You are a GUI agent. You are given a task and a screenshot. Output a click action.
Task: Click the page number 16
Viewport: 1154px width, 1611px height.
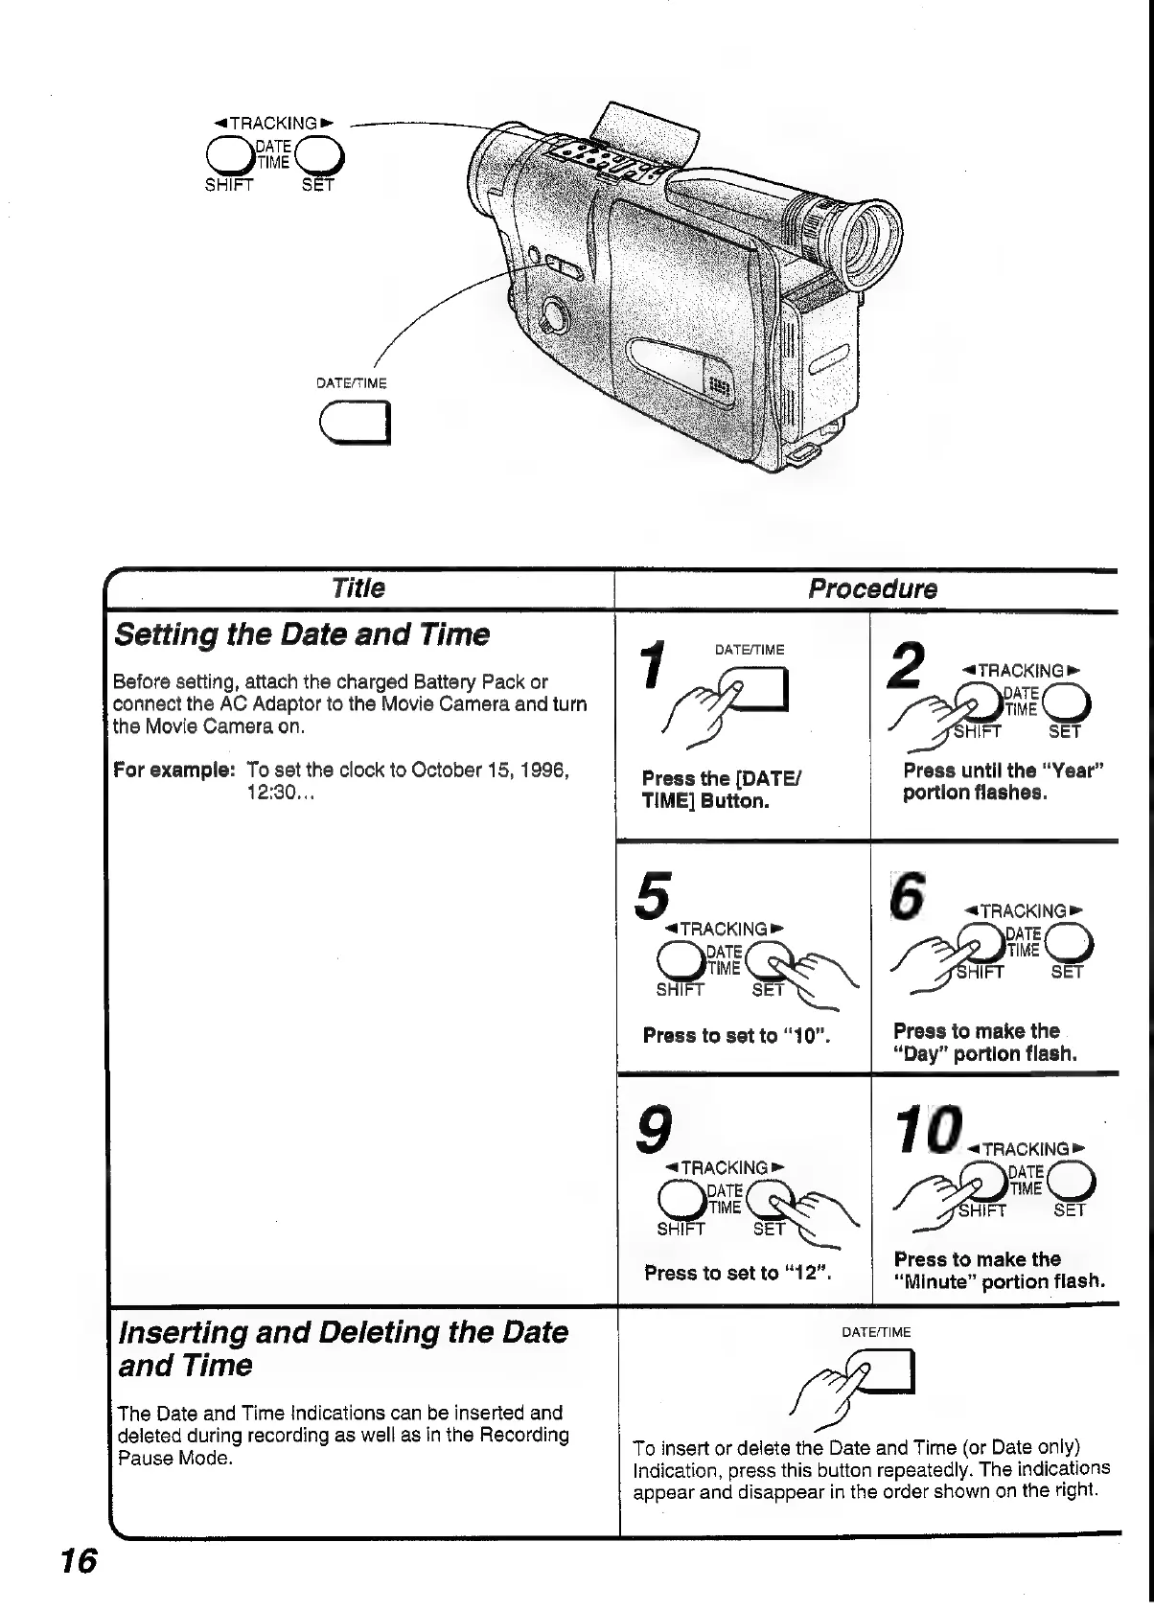(79, 1561)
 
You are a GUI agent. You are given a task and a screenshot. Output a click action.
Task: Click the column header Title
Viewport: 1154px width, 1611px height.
(358, 588)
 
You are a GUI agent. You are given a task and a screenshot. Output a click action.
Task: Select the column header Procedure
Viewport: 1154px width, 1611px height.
(872, 588)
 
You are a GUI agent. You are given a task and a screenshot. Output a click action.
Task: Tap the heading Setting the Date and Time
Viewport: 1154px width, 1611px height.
(301, 634)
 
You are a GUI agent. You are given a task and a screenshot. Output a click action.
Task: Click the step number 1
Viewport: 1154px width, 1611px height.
(655, 665)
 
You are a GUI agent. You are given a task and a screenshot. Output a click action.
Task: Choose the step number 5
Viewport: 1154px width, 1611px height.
(653, 893)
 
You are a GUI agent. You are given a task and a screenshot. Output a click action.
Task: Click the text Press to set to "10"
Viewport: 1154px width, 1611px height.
(735, 1036)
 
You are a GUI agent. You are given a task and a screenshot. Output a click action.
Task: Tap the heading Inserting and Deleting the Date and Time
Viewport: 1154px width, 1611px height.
(342, 1348)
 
